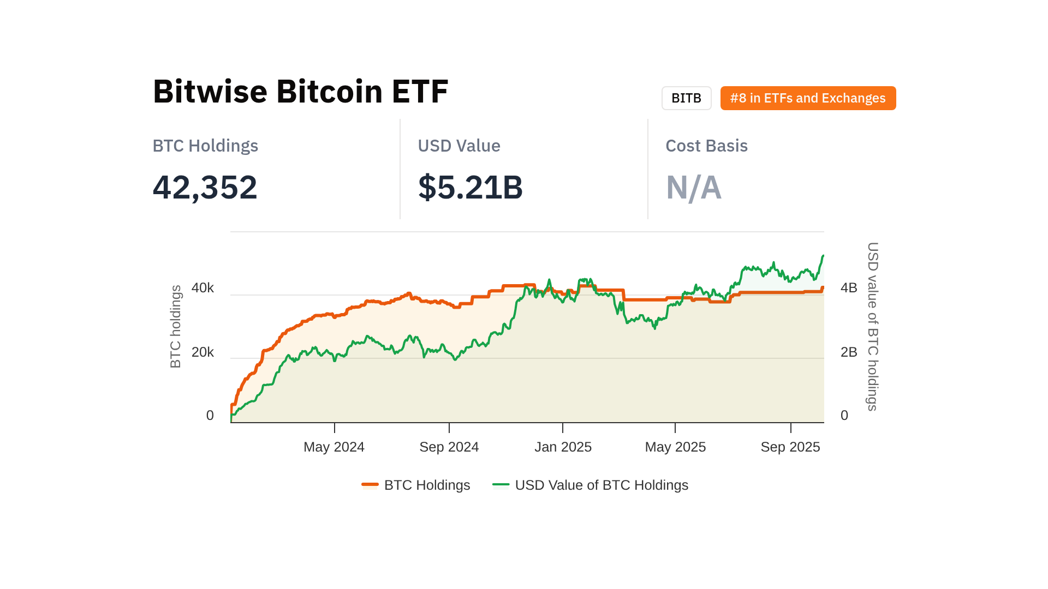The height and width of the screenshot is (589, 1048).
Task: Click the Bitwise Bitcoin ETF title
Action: coord(300,91)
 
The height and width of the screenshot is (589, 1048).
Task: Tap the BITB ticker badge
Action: coord(686,98)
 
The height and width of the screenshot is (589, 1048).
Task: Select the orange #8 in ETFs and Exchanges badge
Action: coord(808,98)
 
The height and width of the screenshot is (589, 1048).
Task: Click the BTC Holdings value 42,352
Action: coord(205,187)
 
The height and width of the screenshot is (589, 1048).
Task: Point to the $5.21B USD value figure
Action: coord(470,187)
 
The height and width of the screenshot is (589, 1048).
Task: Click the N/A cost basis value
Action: coord(693,188)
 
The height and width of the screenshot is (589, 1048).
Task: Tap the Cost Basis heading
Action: coord(706,146)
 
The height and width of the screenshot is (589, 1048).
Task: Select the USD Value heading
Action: coord(458,146)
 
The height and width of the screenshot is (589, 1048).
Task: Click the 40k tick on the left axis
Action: coord(203,288)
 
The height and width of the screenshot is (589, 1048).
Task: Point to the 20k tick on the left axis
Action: coord(203,352)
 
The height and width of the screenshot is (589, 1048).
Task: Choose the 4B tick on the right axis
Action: coord(849,288)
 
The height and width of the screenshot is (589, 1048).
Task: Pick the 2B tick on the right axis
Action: coord(849,352)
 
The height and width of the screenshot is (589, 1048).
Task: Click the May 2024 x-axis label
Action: coord(334,447)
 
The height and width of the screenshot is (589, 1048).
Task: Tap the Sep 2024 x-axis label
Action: coord(449,447)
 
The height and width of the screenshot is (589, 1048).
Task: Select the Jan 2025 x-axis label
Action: coord(563,447)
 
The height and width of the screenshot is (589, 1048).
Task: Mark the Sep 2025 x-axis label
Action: coord(790,447)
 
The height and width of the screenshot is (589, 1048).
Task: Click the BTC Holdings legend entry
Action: coord(416,485)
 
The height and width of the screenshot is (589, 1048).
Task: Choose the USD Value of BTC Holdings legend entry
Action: coord(591,485)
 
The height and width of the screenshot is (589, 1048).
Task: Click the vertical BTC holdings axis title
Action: coord(175,327)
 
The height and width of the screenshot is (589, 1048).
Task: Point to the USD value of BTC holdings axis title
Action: coord(873,327)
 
